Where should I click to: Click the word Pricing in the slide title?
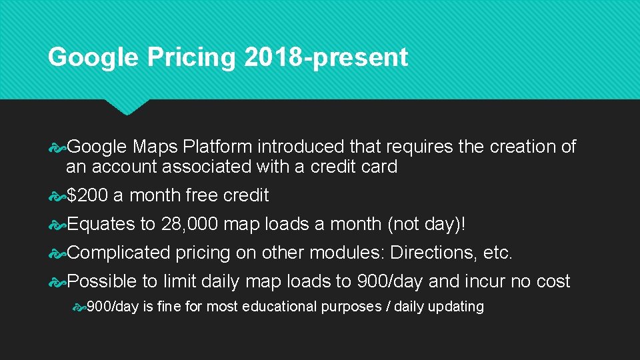191,58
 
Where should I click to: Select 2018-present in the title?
326,57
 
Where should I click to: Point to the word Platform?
218,147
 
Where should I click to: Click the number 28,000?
189,224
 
